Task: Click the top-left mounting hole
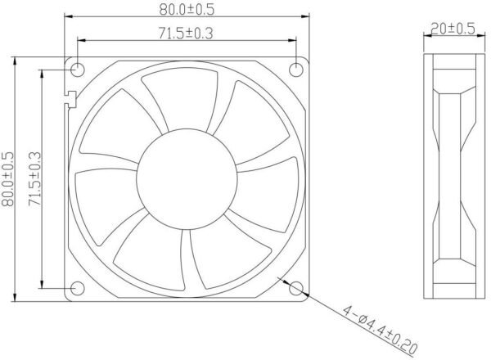78,70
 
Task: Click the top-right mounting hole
296,70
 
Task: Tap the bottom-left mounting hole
78,288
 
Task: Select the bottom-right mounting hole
296,288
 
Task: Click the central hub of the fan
187,179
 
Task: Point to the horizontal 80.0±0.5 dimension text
187,9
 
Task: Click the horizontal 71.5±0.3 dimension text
186,34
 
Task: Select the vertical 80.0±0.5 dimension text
8,179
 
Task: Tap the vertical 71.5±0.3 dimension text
34,178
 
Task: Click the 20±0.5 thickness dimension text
453,29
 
